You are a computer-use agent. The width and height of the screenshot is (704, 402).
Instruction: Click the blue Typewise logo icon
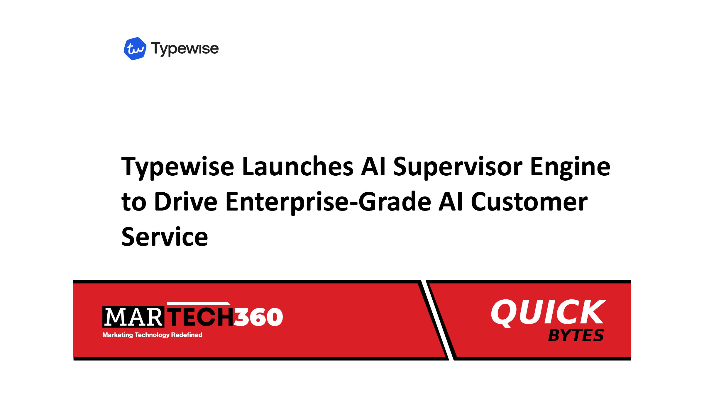[135, 49]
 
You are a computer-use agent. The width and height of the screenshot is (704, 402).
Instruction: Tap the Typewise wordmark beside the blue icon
[185, 49]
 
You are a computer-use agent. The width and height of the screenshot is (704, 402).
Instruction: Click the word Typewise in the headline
[178, 167]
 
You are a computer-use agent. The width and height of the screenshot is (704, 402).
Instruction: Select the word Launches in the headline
[298, 166]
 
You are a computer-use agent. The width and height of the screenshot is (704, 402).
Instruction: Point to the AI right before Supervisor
[373, 166]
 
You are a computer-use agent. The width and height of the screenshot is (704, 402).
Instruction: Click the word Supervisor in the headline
[458, 167]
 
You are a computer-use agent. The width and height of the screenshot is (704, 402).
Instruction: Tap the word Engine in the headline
[570, 167]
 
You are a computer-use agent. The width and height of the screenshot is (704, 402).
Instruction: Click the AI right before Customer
[451, 201]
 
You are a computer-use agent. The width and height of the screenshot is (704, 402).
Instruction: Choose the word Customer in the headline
[529, 201]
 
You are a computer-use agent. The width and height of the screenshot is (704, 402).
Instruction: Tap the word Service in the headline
[165, 237]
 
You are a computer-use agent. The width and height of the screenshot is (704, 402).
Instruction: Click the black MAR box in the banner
[133, 317]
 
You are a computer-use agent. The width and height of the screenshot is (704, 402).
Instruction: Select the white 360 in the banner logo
[258, 317]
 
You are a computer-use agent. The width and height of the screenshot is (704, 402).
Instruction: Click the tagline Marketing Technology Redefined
[152, 335]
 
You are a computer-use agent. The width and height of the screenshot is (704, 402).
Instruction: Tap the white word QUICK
[548, 312]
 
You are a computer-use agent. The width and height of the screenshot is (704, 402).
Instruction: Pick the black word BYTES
[576, 335]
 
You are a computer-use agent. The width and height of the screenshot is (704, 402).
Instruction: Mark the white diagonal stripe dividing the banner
[437, 320]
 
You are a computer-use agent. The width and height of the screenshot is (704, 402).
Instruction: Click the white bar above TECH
[199, 303]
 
